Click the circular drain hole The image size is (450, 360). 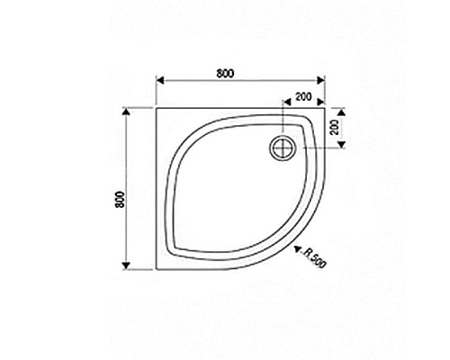(285, 147)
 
